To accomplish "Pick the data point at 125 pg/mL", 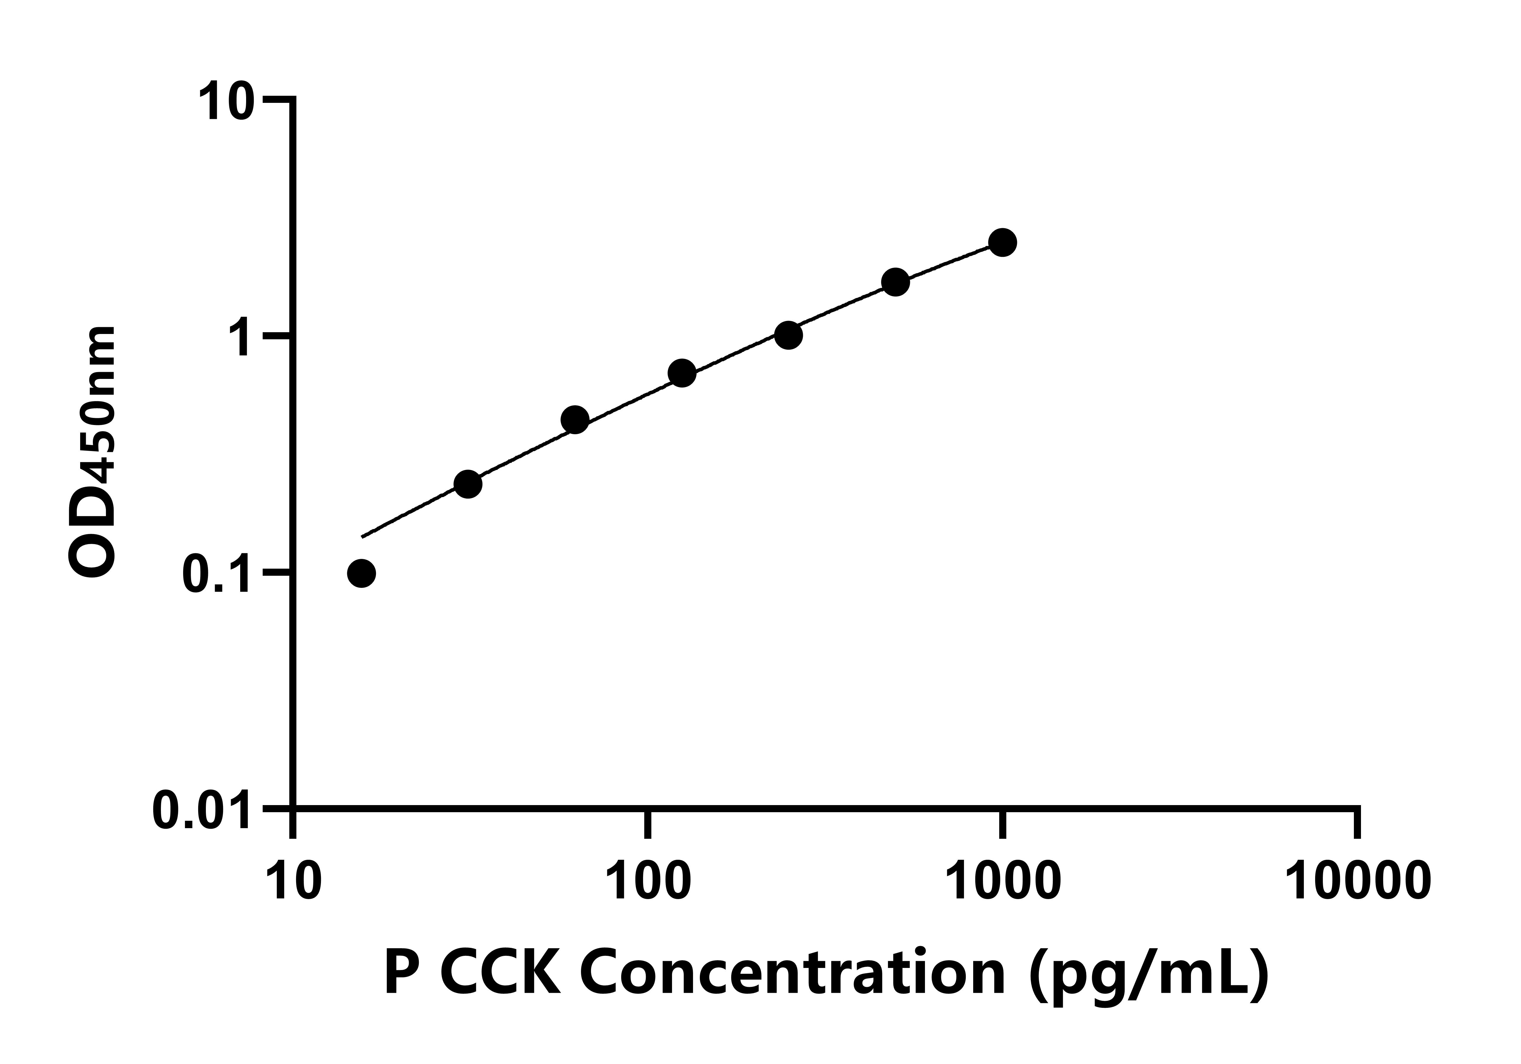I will click(x=682, y=374).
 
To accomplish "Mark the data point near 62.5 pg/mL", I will click(x=575, y=420).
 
